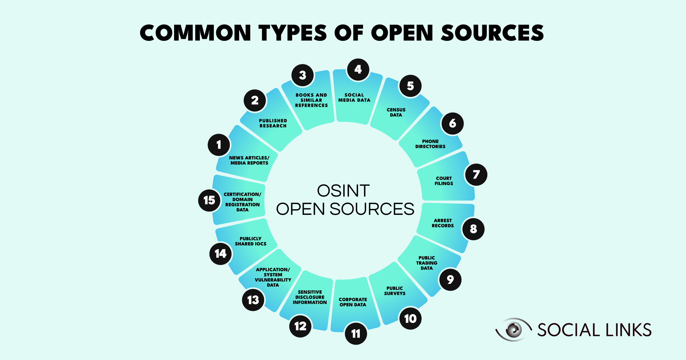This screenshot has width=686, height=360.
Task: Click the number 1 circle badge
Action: [219, 145]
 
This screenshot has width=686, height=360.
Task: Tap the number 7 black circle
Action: [476, 175]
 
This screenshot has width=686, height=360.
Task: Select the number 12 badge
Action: [300, 326]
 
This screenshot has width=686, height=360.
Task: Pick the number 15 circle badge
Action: [209, 200]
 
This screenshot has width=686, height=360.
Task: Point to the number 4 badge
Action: [358, 69]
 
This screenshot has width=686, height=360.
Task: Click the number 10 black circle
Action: [410, 319]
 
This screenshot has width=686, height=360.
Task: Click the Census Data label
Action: [396, 112]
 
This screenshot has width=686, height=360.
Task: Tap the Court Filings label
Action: [444, 181]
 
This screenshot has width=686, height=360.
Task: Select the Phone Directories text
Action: [430, 144]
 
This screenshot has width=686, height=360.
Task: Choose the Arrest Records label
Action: [442, 223]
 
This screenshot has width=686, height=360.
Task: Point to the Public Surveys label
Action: [394, 291]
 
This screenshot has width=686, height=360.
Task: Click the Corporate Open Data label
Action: [353, 302]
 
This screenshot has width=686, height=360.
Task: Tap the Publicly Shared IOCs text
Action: [250, 241]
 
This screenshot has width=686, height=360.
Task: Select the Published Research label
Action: [273, 123]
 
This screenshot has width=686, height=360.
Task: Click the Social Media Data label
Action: [354, 97]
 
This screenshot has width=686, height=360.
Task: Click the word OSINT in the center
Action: [343, 191]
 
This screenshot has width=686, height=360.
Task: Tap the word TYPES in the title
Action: [293, 33]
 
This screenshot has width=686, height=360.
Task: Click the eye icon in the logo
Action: [514, 330]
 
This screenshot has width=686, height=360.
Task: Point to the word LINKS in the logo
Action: [629, 330]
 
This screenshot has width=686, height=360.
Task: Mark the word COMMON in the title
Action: [196, 33]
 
